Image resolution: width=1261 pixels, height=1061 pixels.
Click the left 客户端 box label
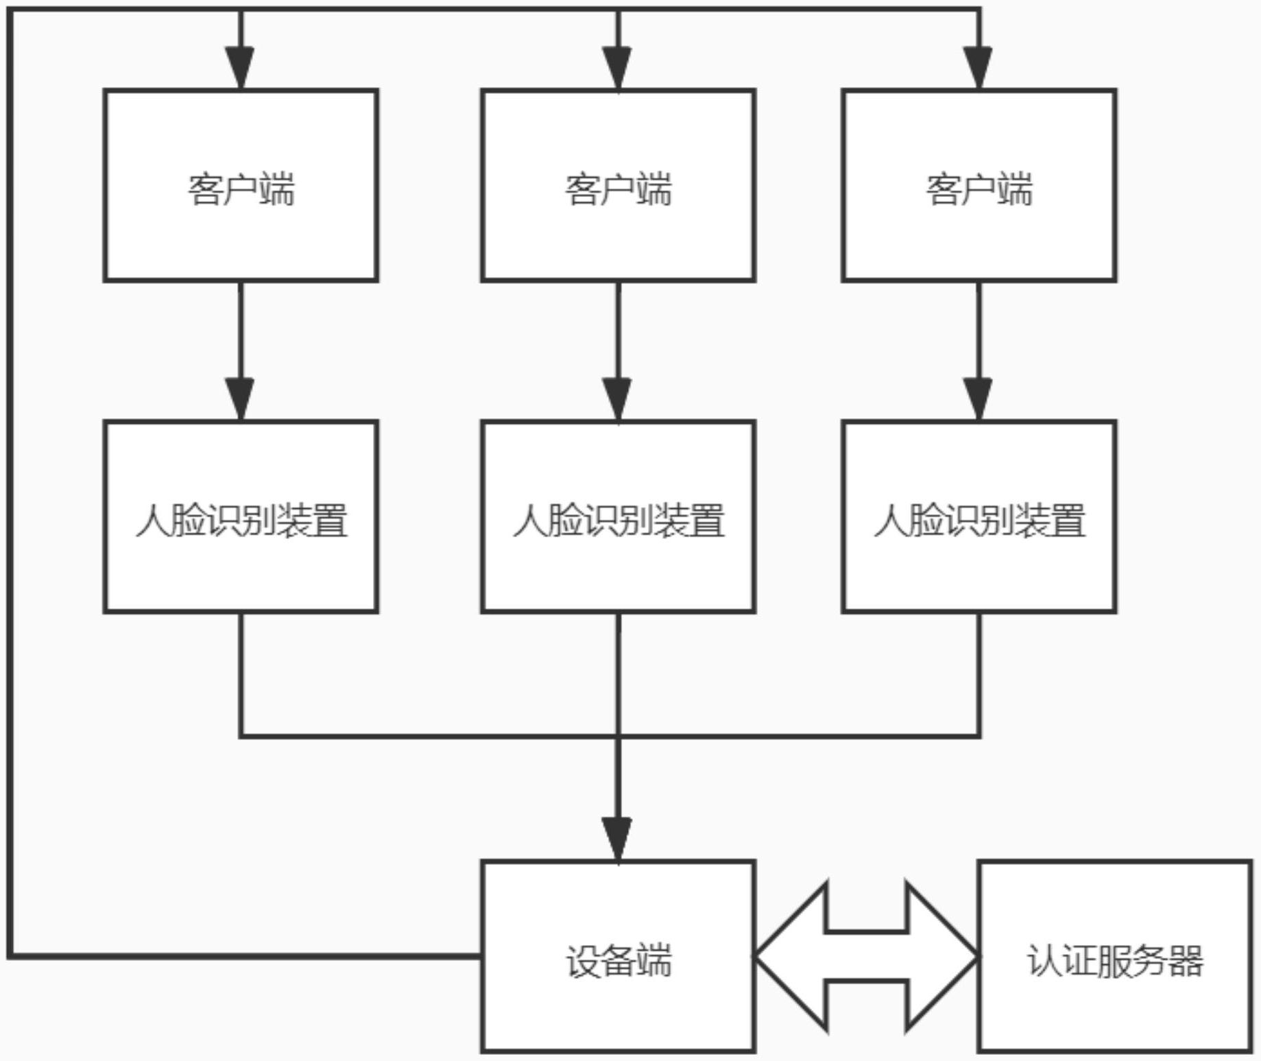(x=241, y=190)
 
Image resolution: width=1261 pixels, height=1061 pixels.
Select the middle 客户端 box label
(x=619, y=190)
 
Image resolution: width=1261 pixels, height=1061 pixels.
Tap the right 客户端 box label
(x=979, y=190)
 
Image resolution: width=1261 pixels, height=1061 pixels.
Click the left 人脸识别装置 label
(x=241, y=521)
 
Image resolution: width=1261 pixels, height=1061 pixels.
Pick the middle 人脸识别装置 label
(x=619, y=521)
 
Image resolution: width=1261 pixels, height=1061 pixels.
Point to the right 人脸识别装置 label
(x=979, y=521)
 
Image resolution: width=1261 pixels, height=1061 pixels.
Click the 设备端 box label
(x=619, y=961)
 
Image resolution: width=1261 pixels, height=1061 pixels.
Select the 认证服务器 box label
(x=1115, y=961)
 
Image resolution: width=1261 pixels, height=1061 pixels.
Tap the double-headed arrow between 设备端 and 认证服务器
(x=867, y=957)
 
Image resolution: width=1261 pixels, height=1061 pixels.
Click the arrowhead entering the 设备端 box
(x=618, y=839)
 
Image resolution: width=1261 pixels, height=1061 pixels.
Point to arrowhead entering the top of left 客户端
(x=241, y=68)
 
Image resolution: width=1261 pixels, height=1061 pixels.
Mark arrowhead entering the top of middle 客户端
(x=618, y=68)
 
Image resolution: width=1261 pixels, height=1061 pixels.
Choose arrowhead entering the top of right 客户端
(x=978, y=68)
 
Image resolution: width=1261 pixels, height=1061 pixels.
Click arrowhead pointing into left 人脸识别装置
(x=241, y=399)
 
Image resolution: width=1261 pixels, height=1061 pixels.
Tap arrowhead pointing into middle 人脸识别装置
(x=618, y=399)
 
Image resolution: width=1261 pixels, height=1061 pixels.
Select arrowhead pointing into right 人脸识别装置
(x=978, y=399)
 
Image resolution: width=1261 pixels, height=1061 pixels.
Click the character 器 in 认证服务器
(x=1186, y=961)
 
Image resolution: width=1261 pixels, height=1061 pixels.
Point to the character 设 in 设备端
(x=583, y=961)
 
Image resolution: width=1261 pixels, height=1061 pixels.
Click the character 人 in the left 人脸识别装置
(x=153, y=521)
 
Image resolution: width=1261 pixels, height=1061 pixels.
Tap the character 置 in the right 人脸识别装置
(x=1068, y=521)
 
